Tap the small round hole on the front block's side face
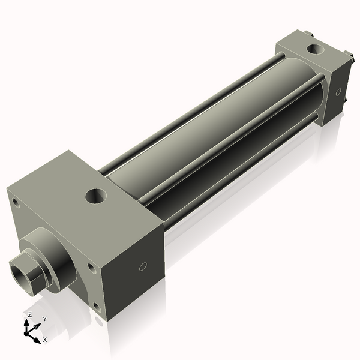[143, 266]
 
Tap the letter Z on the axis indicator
[30, 314]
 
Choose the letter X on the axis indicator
[45, 340]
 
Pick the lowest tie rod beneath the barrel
[240, 174]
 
